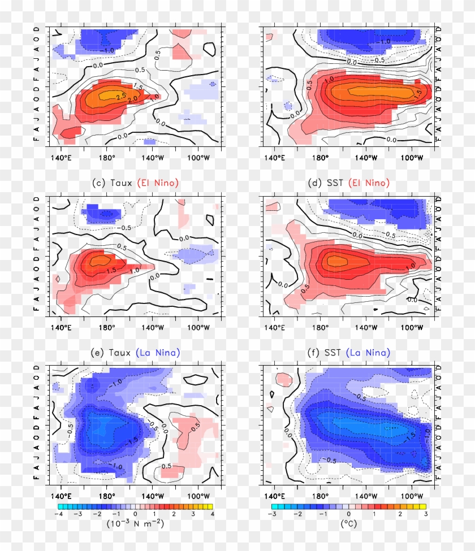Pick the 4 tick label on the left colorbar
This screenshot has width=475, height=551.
212,514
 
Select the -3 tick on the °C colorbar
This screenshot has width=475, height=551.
271,514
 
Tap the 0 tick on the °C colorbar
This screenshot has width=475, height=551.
348,514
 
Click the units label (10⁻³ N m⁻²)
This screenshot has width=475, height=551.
135,524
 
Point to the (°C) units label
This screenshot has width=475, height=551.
348,524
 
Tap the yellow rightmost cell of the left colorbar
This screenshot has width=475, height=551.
208,507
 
